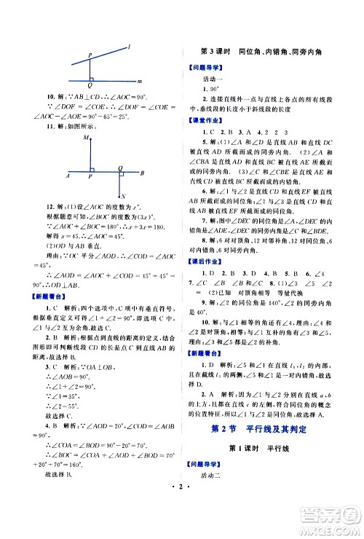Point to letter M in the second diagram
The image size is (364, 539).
click(x=87, y=137)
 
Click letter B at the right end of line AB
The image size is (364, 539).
click(x=143, y=173)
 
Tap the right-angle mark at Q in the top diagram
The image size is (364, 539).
click(x=92, y=77)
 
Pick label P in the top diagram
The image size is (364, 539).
click(x=90, y=55)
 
